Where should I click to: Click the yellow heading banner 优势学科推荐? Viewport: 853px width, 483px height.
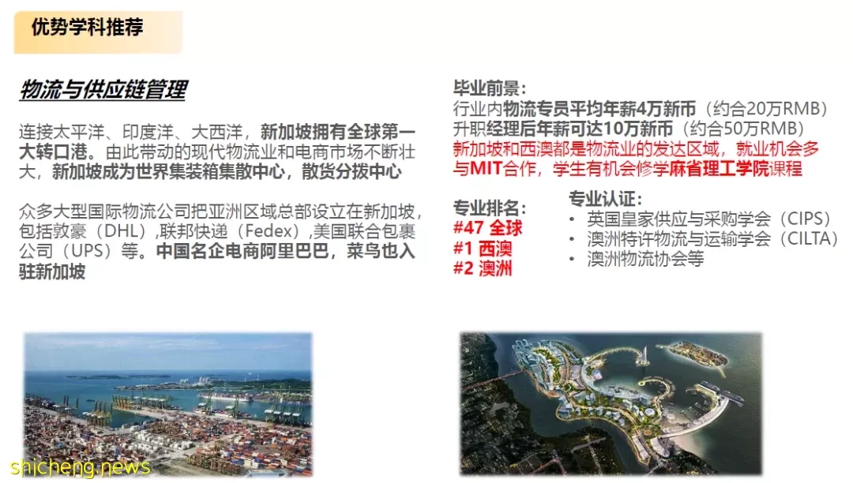click(x=99, y=32)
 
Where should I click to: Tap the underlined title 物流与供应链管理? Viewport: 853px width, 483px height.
click(x=103, y=90)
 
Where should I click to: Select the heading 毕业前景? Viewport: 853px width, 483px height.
click(x=489, y=88)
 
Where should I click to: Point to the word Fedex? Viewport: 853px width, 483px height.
click(x=269, y=231)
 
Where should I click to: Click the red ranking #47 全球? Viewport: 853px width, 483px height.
click(x=487, y=228)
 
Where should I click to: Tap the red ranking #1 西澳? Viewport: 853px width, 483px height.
click(x=483, y=249)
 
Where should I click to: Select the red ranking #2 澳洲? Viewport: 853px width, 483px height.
click(x=483, y=268)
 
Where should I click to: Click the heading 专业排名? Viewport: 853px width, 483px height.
click(x=489, y=208)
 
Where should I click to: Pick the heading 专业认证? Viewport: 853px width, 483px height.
click(x=605, y=199)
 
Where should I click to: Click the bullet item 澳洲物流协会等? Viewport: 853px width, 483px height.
click(x=646, y=259)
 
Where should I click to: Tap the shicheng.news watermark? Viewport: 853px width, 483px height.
click(x=80, y=467)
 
